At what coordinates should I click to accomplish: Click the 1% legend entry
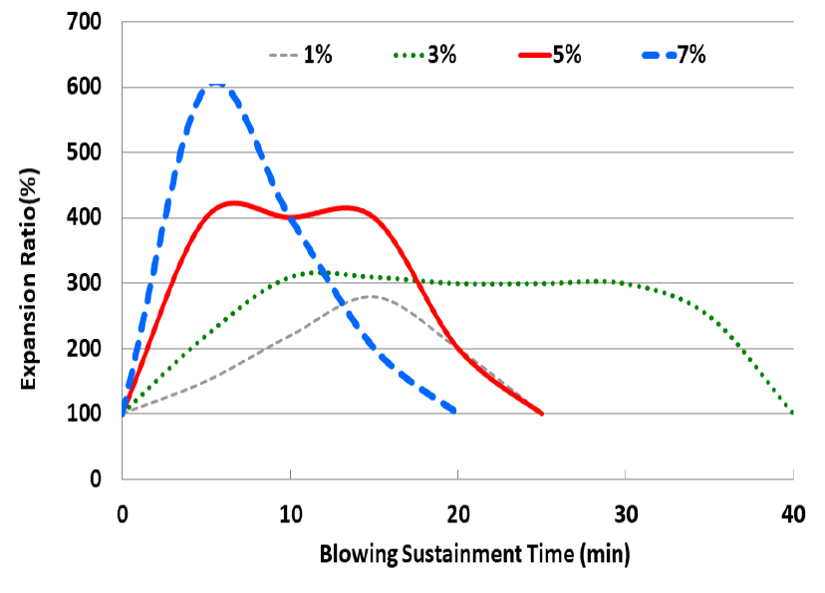pyautogui.click(x=300, y=55)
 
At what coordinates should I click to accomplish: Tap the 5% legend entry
pyautogui.click(x=551, y=55)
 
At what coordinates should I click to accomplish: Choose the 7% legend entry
pyautogui.click(x=673, y=55)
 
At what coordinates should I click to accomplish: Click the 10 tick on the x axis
pyautogui.click(x=289, y=515)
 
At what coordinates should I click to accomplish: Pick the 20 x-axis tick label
pyautogui.click(x=457, y=515)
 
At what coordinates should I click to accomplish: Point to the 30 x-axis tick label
pyautogui.click(x=625, y=515)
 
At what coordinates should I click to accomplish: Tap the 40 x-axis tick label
pyautogui.click(x=793, y=515)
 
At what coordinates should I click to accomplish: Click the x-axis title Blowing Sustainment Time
pyautogui.click(x=475, y=552)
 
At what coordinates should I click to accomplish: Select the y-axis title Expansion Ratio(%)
pyautogui.click(x=31, y=278)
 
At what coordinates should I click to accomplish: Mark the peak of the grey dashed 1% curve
pyautogui.click(x=370, y=296)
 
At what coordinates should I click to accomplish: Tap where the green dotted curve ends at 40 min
pyautogui.click(x=793, y=413)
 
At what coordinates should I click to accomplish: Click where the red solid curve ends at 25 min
pyautogui.click(x=541, y=413)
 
